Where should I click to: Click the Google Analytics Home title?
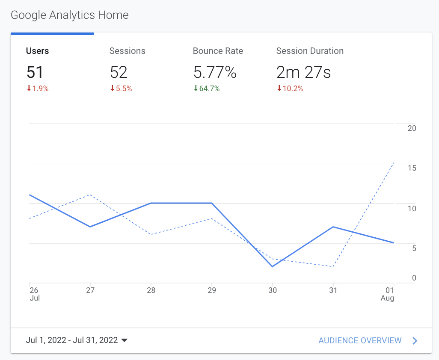pyautogui.click(x=69, y=15)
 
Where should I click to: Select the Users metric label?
pyautogui.click(x=37, y=51)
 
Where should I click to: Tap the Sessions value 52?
pyautogui.click(x=119, y=72)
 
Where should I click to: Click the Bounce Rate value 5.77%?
pyautogui.click(x=214, y=72)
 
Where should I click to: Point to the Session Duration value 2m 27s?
pyautogui.click(x=303, y=72)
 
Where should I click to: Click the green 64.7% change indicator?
pyautogui.click(x=207, y=89)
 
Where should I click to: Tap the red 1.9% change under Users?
pyautogui.click(x=38, y=89)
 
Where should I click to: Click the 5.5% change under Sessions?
pyautogui.click(x=121, y=89)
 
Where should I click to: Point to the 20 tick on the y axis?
pyautogui.click(x=412, y=128)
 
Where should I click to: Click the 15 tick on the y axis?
pyautogui.click(x=412, y=168)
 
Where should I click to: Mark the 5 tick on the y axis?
pyautogui.click(x=414, y=248)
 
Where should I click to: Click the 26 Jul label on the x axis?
pyautogui.click(x=34, y=294)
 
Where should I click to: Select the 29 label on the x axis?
pyautogui.click(x=212, y=290)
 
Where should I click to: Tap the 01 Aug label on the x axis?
pyautogui.click(x=388, y=294)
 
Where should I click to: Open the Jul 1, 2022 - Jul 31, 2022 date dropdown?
pyautogui.click(x=77, y=340)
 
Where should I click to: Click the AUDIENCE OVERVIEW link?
pyautogui.click(x=360, y=340)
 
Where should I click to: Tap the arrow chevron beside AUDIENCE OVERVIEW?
pyautogui.click(x=415, y=340)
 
